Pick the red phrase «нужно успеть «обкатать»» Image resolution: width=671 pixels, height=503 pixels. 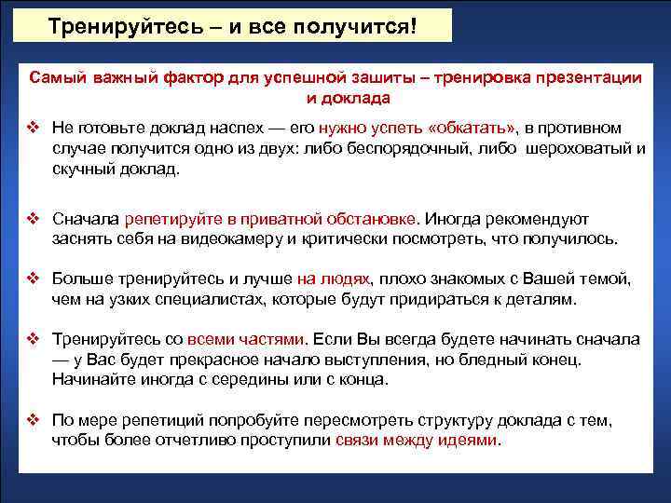tap(418, 128)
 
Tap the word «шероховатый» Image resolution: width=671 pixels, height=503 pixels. tap(578, 149)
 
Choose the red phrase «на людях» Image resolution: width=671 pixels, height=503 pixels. tap(333, 279)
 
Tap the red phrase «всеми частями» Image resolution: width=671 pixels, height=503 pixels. tap(246, 339)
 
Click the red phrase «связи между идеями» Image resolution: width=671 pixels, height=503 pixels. tap(417, 441)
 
